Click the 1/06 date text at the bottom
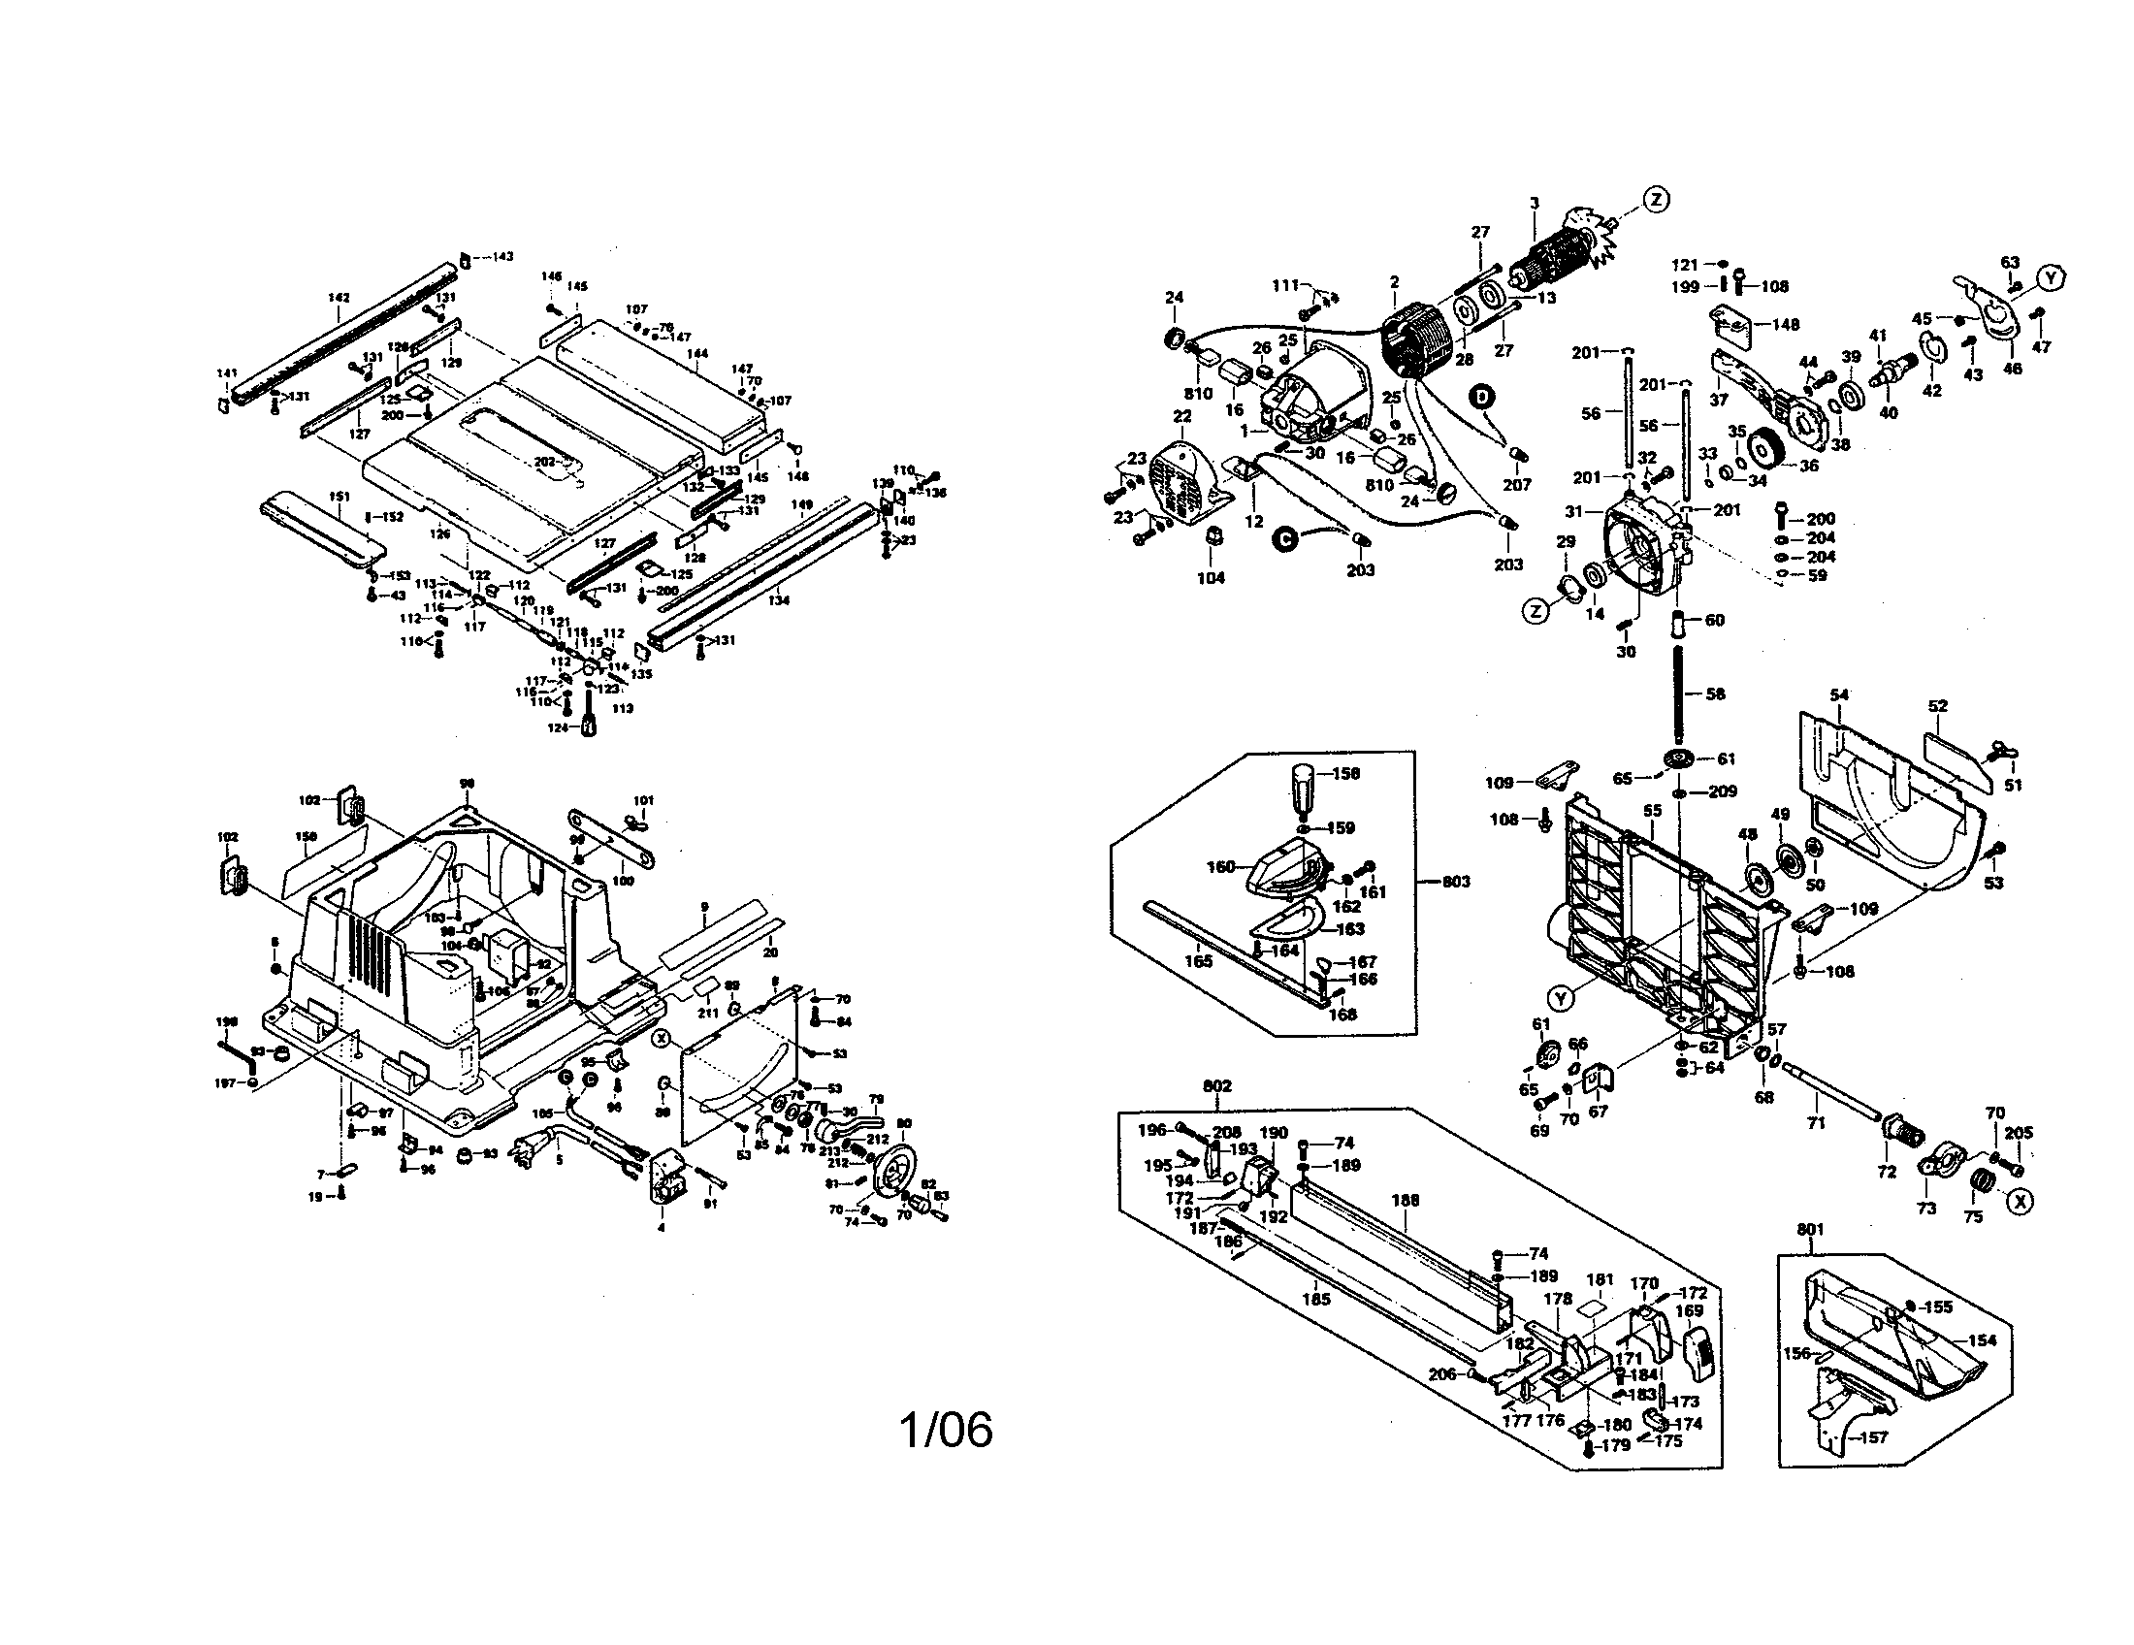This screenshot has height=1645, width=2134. point(945,1430)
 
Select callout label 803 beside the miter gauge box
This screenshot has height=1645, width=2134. point(1456,881)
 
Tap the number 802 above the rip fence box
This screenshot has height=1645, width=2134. point(1216,1085)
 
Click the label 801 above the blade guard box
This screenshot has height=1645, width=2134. point(1810,1229)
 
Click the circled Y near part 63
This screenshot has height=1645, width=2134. point(2051,278)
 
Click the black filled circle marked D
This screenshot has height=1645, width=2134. point(1482,396)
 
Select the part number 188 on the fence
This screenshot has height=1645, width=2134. point(1406,1201)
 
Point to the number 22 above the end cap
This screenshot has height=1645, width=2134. point(1182,416)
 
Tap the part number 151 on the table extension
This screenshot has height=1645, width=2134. point(339,497)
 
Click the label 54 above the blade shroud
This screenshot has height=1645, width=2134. point(1839,694)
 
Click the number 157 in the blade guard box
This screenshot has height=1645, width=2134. point(1873,1436)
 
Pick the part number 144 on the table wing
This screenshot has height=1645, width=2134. point(697,354)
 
